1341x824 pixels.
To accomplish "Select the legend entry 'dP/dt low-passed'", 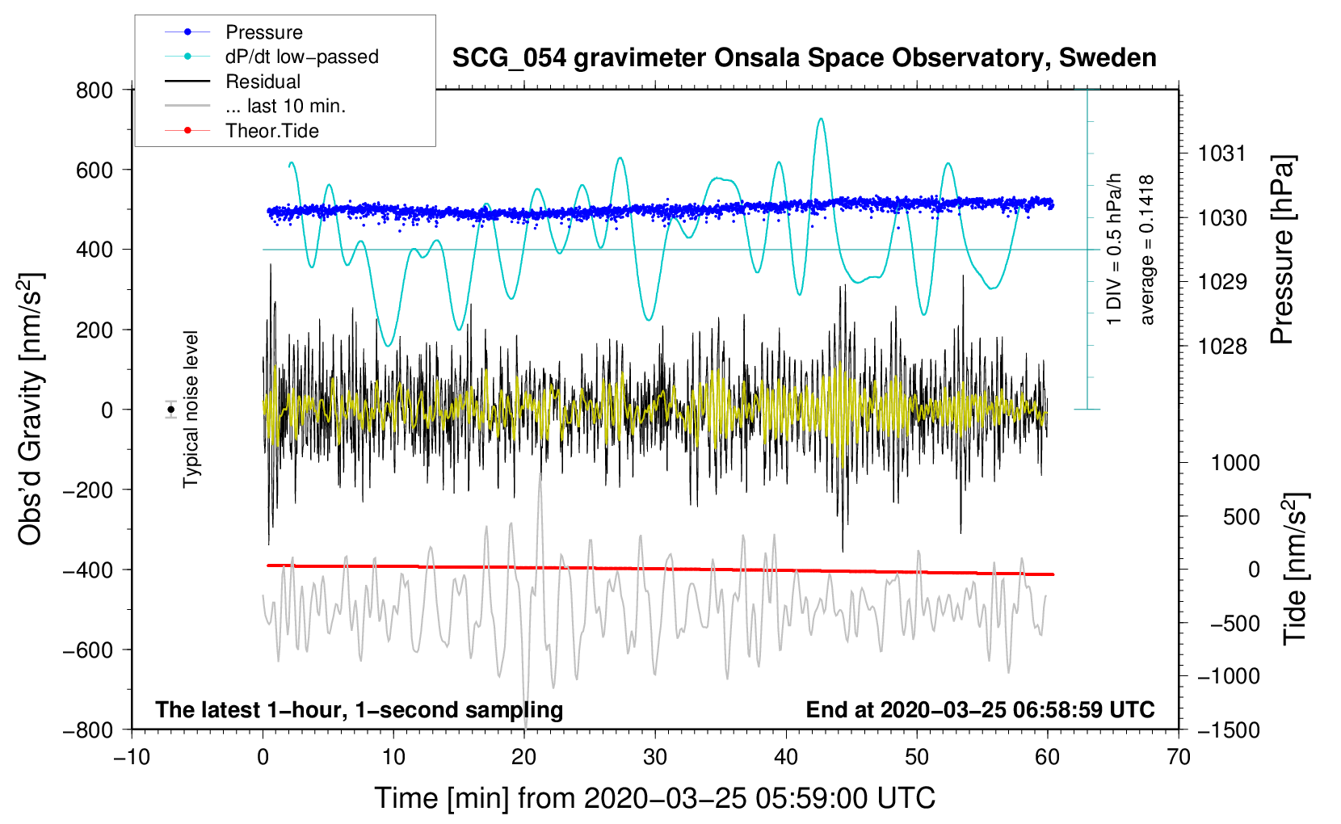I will [x=301, y=57].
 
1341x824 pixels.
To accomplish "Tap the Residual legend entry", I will [x=263, y=82].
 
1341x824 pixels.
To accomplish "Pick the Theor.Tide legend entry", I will [x=271, y=131].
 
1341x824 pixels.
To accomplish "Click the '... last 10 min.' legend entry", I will [x=285, y=106].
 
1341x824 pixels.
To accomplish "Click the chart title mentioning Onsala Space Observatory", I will [x=804, y=58].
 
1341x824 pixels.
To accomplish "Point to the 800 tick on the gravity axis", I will [x=95, y=90].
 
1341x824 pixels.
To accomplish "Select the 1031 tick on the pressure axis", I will [x=1221, y=153].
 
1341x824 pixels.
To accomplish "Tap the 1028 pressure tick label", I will [x=1221, y=347].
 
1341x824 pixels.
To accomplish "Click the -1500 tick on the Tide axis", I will [x=1228, y=729].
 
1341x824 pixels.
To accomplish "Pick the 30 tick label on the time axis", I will [x=654, y=757].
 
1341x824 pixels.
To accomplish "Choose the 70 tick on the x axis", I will [x=1179, y=757].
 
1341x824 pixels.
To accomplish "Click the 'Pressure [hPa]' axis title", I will [x=1282, y=250].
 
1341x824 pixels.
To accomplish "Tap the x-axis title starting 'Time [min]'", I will [x=654, y=798].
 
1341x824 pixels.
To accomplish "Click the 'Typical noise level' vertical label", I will [x=191, y=410].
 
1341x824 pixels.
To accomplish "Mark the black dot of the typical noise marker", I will [x=171, y=410].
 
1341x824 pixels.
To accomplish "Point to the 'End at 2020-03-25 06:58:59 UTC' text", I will [x=980, y=710].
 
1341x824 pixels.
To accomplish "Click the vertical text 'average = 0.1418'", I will [x=1147, y=250].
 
